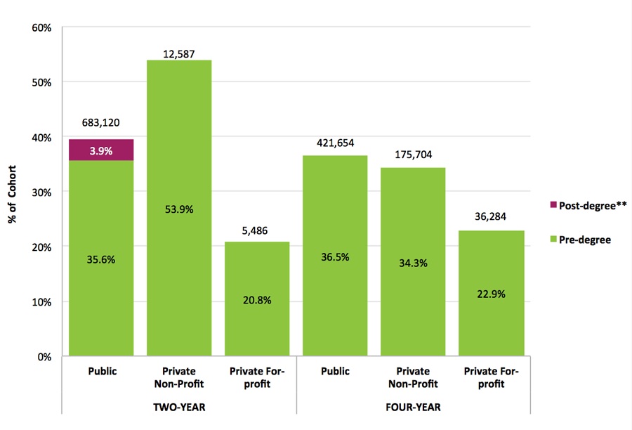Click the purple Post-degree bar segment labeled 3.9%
tap(102, 150)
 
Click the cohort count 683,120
tap(102, 122)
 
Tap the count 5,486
tap(257, 230)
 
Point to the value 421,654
tap(335, 143)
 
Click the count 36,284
tap(490, 218)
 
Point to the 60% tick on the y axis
tap(41, 28)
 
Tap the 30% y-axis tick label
tap(41, 192)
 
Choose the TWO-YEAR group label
tap(179, 408)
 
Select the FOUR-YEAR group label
tap(413, 408)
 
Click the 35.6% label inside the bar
tap(102, 260)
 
